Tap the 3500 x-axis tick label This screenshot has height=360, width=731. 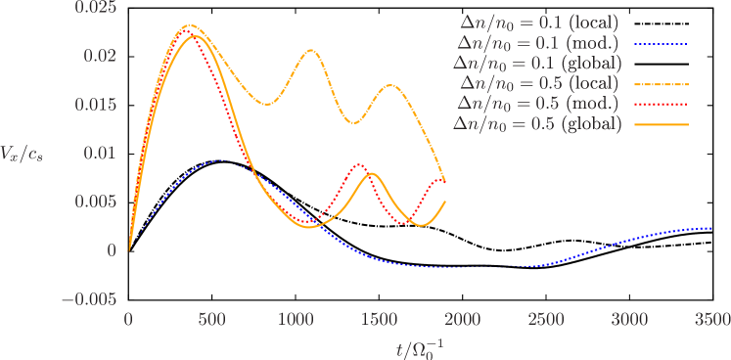pos(711,320)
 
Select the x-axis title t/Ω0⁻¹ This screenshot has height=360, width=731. pos(421,345)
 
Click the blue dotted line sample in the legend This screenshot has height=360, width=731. pos(662,43)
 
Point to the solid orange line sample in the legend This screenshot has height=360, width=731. pos(662,125)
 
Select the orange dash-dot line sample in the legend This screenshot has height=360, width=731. pos(662,84)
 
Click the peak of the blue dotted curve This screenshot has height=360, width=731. pos(220,160)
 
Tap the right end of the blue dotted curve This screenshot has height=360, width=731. pos(711,228)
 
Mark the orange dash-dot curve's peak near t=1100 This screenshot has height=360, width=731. pos(311,50)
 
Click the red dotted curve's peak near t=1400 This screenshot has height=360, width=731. pos(361,164)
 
